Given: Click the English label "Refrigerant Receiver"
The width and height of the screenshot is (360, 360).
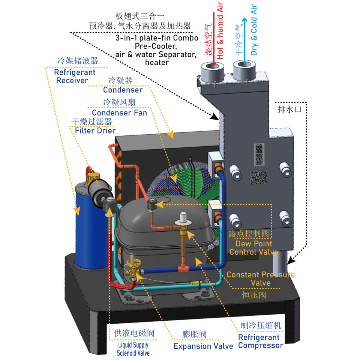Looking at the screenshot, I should point(75,76).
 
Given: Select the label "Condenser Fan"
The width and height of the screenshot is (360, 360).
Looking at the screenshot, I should point(119,112).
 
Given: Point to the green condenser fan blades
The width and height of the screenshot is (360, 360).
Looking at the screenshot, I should point(187,180).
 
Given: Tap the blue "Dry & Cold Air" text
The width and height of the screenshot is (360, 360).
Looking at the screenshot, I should point(254,30).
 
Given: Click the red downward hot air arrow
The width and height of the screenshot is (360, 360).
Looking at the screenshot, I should point(213,37).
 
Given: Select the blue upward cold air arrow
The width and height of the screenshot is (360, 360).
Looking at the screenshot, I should point(244,37).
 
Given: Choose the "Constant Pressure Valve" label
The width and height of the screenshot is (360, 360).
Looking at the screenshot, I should point(261,278).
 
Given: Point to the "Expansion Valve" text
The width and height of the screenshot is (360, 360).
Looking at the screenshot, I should point(203,346).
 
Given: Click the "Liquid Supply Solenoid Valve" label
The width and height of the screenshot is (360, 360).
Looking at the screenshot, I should point(133,349).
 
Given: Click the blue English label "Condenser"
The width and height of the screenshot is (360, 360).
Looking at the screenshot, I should point(123,90).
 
